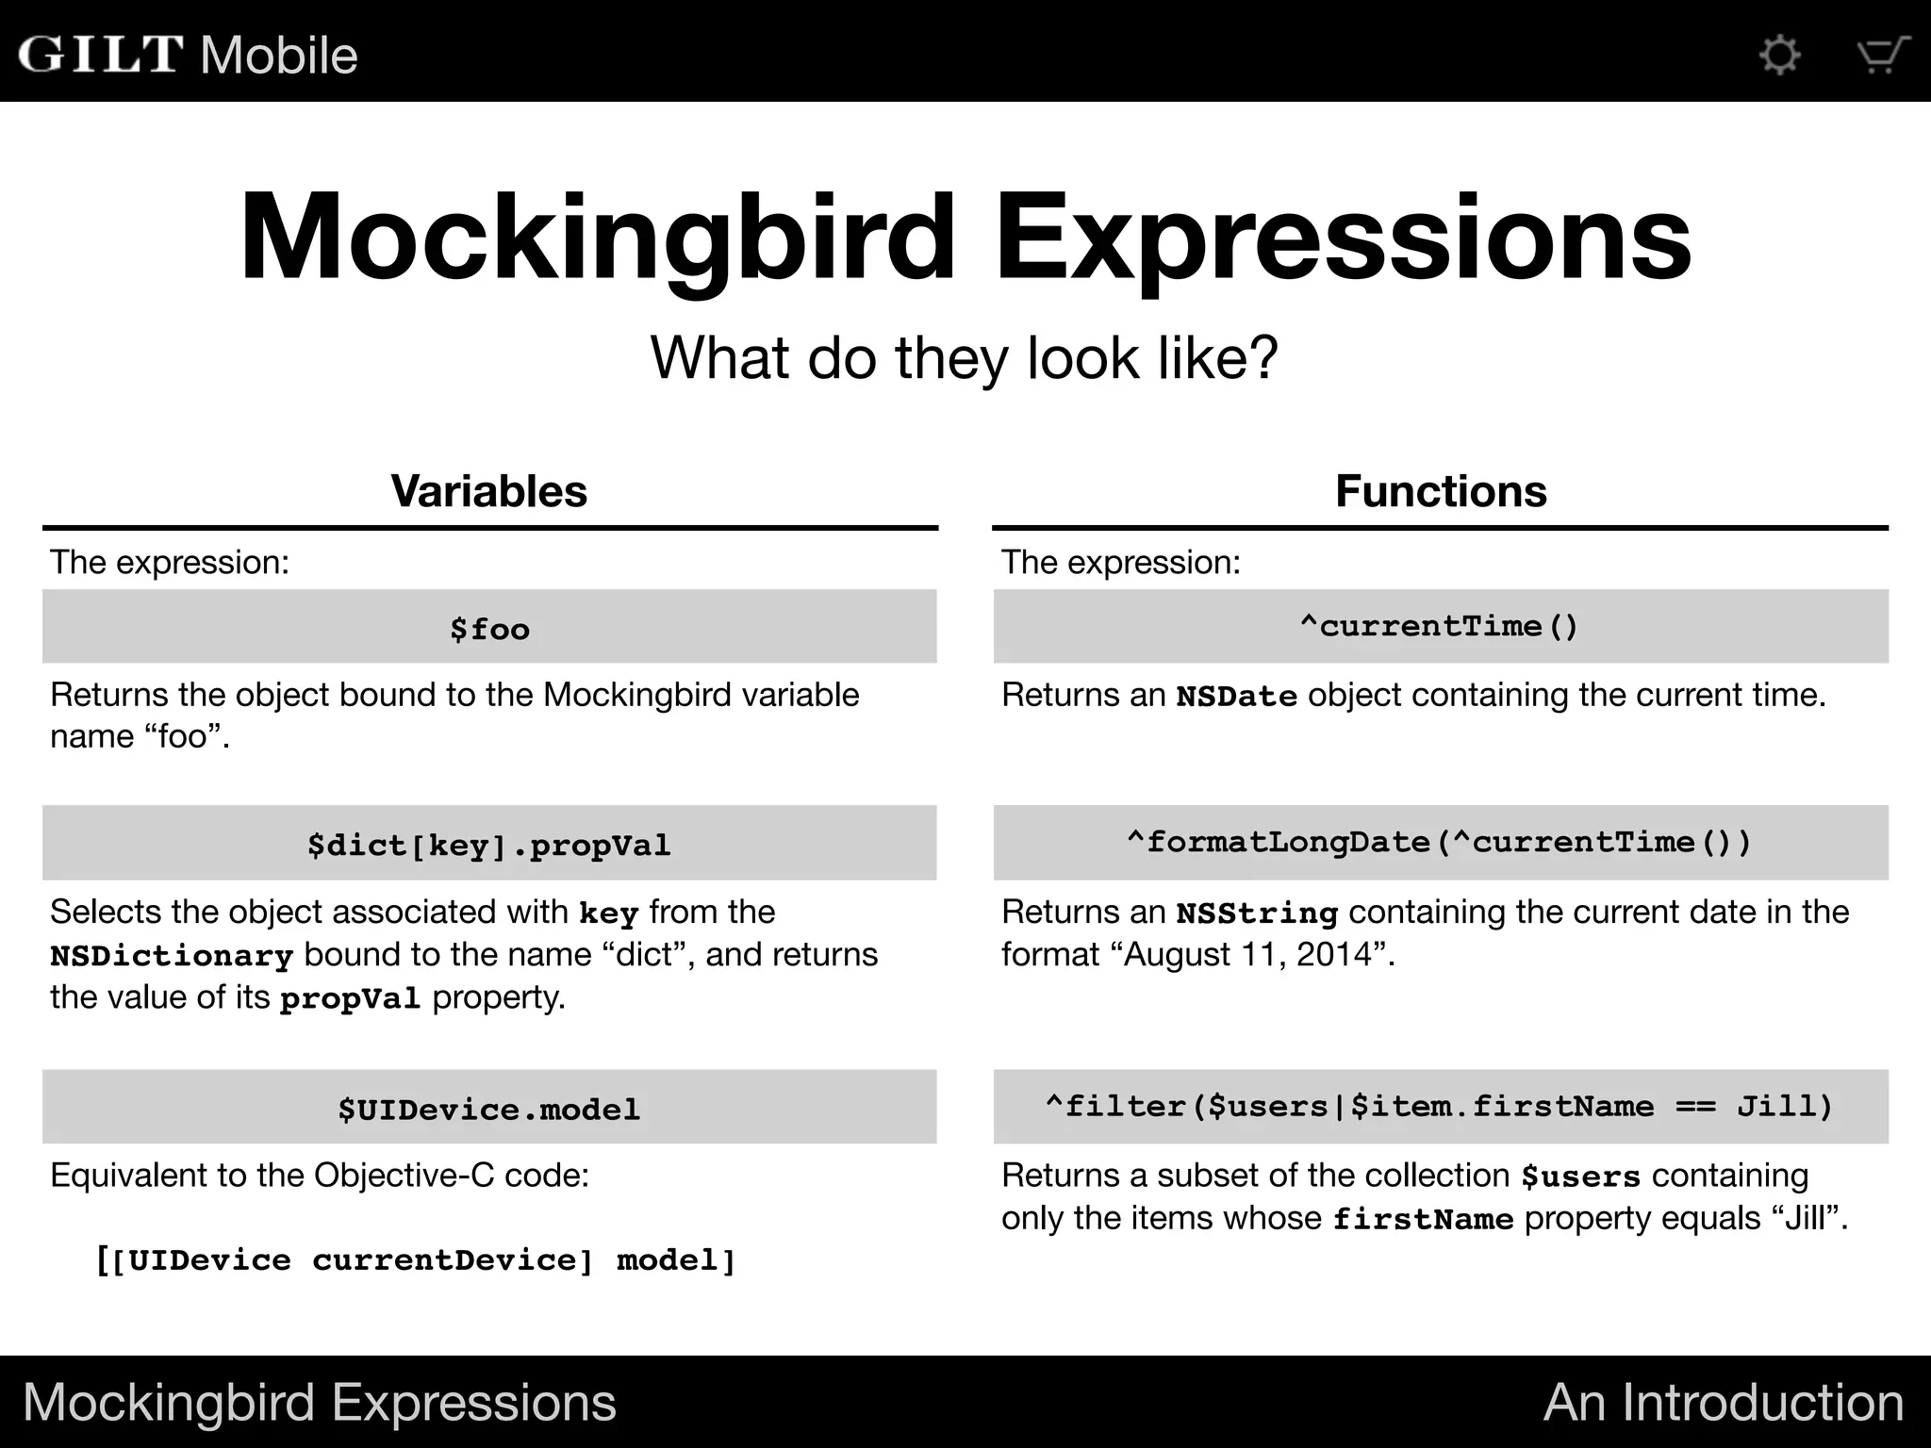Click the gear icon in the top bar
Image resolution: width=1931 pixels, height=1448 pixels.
[x=1780, y=54]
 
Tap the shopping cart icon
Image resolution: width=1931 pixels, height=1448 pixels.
[x=1882, y=54]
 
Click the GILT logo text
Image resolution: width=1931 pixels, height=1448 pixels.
[x=101, y=54]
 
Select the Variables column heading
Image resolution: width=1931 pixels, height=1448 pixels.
[x=489, y=491]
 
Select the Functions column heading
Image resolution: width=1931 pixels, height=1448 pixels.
[x=1441, y=491]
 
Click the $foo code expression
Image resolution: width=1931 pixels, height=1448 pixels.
[x=489, y=629]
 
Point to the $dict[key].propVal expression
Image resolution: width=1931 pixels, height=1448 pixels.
[x=489, y=845]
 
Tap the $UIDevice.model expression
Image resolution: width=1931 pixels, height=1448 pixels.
[x=489, y=1109]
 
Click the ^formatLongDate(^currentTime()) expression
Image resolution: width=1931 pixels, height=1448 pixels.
[x=1439, y=842]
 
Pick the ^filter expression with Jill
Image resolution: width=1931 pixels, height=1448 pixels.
[x=1439, y=1106]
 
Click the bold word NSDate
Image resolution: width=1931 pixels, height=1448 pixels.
[x=1236, y=697]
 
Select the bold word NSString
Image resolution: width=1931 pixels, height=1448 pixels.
[x=1257, y=913]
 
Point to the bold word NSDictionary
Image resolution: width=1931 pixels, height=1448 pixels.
[x=172, y=956]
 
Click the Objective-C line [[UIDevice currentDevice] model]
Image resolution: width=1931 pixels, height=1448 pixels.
[x=416, y=1260]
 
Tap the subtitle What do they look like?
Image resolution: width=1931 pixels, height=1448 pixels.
[x=964, y=358]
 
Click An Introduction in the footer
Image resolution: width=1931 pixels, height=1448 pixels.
[x=1724, y=1402]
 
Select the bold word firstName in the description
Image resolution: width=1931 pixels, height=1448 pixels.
[x=1423, y=1220]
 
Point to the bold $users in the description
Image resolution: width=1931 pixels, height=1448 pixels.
[x=1581, y=1177]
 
